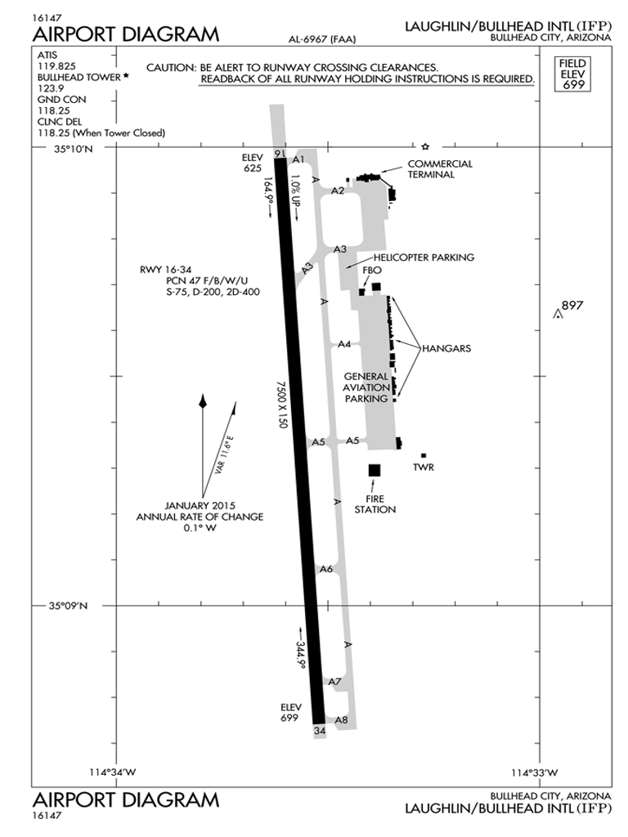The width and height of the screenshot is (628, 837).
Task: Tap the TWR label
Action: coord(424,468)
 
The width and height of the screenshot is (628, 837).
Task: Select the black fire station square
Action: coord(375,470)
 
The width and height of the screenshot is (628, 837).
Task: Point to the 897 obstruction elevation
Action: coord(573,306)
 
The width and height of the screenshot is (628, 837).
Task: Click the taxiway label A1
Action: coord(298,159)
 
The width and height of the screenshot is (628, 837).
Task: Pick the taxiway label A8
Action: coord(342,720)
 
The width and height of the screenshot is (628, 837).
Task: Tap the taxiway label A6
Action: coord(326,569)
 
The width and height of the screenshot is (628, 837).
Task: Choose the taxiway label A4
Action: coord(344,344)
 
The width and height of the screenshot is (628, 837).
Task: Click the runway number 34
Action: coord(319,730)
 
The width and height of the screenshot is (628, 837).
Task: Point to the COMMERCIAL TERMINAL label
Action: coord(440,168)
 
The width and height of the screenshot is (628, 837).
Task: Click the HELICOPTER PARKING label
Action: coord(424,257)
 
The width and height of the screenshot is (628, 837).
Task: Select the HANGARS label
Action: coord(446,348)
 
